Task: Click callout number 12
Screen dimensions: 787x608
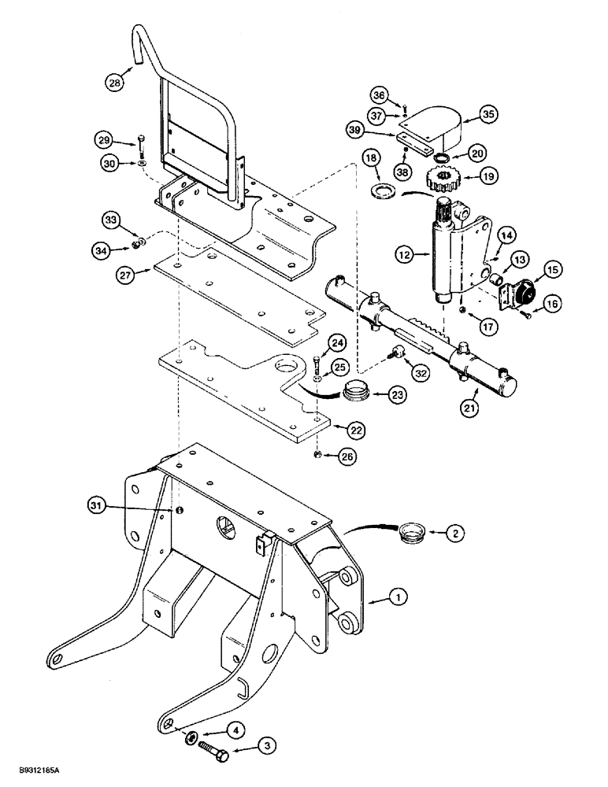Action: click(x=406, y=255)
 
